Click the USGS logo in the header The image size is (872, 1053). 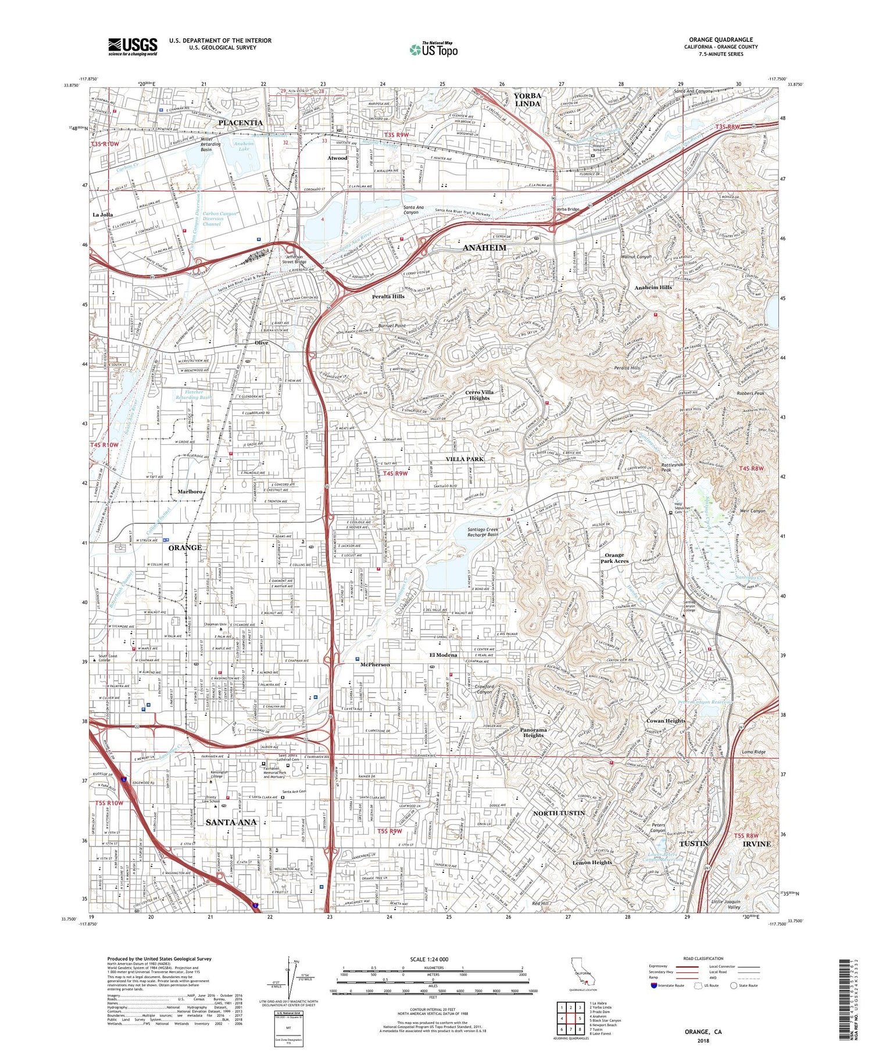[133, 46]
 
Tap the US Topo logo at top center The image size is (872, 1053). [433, 49]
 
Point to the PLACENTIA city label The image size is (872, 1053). [240, 123]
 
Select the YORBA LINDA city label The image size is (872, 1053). [527, 99]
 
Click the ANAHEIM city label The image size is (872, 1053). [484, 248]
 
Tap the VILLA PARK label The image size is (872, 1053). [464, 459]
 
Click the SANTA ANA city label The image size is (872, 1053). [231, 822]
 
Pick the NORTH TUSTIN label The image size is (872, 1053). [559, 813]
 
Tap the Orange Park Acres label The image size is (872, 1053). [615, 558]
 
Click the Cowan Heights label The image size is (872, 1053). [666, 721]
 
